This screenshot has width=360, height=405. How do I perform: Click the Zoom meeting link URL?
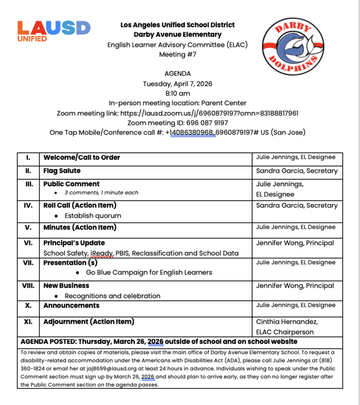218,113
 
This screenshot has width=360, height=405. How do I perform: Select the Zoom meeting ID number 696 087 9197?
201,123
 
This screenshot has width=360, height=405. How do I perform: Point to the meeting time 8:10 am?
178,93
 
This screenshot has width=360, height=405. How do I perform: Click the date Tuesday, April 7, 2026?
178,84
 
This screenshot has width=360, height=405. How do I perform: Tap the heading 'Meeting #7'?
178,54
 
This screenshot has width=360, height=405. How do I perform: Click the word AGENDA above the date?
178,73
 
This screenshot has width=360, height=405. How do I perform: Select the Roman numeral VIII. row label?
28,286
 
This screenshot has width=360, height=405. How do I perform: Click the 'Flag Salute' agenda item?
62,171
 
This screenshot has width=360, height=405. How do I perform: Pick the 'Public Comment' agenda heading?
71,184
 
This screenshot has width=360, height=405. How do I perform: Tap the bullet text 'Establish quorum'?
93,216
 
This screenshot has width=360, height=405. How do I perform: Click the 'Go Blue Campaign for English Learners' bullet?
149,272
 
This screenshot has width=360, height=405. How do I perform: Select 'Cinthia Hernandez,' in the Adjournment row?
287,321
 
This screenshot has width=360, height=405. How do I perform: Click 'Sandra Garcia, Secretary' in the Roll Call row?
297,206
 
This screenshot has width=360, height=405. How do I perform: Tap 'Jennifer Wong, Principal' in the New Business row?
295,286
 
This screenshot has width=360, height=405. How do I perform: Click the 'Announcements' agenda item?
71,306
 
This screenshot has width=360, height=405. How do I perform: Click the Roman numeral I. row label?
28,157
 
